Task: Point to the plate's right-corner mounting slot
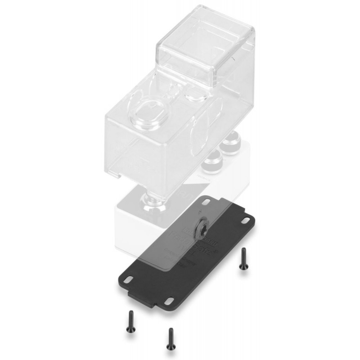click(246, 220)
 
